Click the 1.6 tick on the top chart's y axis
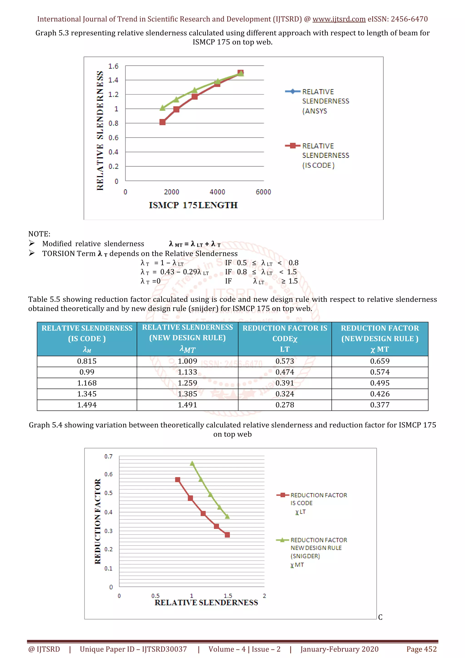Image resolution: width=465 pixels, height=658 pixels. [x=113, y=66]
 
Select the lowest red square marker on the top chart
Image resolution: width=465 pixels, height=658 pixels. [x=162, y=122]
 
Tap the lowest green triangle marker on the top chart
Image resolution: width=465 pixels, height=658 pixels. [x=162, y=108]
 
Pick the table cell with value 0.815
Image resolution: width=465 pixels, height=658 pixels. [x=87, y=361]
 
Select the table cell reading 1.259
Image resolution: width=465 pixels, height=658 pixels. [x=187, y=383]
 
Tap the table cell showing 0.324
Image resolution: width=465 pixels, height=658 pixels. [x=284, y=394]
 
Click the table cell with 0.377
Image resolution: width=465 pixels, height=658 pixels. [x=380, y=405]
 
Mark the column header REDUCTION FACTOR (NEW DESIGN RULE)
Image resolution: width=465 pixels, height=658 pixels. [x=380, y=339]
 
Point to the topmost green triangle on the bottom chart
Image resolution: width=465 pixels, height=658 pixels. [x=192, y=463]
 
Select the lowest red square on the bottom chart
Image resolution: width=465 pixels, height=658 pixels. [x=227, y=535]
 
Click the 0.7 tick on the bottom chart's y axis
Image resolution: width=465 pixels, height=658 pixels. [x=108, y=456]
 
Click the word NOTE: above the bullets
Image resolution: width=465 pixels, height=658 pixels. [x=39, y=234]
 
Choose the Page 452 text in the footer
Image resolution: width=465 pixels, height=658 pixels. [x=421, y=649]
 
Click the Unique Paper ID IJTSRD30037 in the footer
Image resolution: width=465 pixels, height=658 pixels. [x=133, y=649]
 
